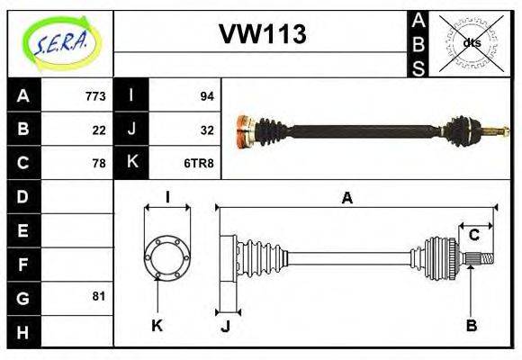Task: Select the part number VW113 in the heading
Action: (x=263, y=35)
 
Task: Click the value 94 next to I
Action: (x=206, y=95)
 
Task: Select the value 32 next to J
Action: (x=206, y=129)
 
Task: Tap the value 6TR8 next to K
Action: (x=200, y=163)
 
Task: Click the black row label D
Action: (x=23, y=195)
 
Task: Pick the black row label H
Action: (x=23, y=330)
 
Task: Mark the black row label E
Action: (x=23, y=229)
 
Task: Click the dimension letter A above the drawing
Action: (x=346, y=199)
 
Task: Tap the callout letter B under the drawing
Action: (x=471, y=326)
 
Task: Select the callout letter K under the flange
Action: (x=157, y=326)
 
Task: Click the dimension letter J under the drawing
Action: (x=225, y=327)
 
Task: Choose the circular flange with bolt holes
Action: (x=167, y=256)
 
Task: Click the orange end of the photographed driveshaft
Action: (x=242, y=131)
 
